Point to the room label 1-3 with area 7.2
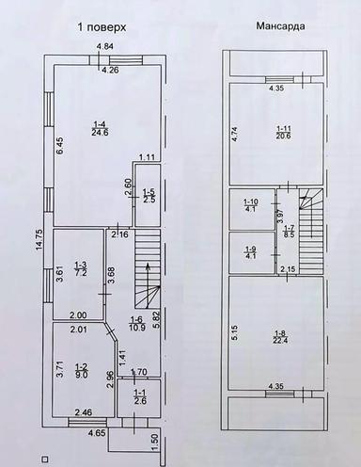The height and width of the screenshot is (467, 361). click(x=81, y=268)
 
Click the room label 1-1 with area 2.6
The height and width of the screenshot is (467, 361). click(x=140, y=397)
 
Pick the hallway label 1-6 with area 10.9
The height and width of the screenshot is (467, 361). click(x=135, y=324)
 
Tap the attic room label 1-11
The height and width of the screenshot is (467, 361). click(x=283, y=132)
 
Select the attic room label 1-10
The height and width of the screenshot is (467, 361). click(x=250, y=206)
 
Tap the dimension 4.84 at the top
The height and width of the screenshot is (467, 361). click(x=105, y=47)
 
